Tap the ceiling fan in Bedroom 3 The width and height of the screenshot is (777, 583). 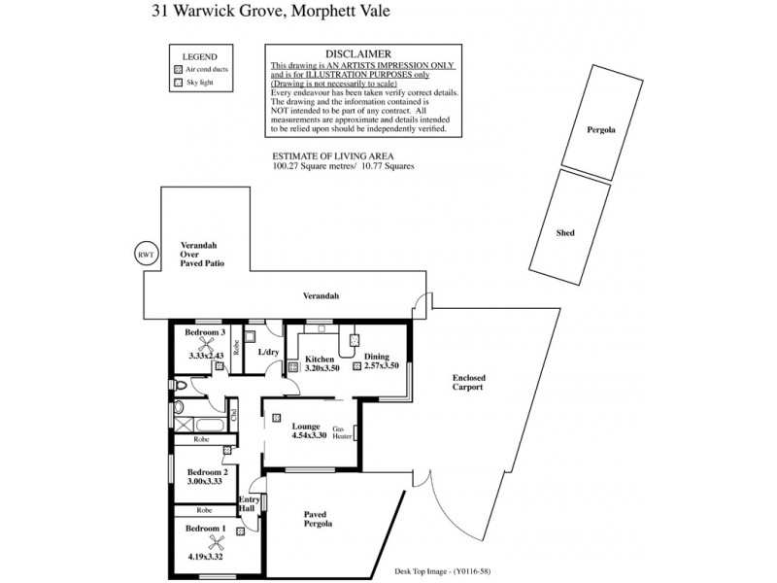tap(205, 344)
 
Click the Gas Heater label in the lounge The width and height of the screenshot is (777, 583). tap(342, 432)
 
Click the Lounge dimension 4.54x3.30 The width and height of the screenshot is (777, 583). tap(309, 436)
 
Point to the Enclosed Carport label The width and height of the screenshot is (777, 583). tap(469, 382)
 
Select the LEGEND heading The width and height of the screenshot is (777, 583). tap(200, 57)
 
